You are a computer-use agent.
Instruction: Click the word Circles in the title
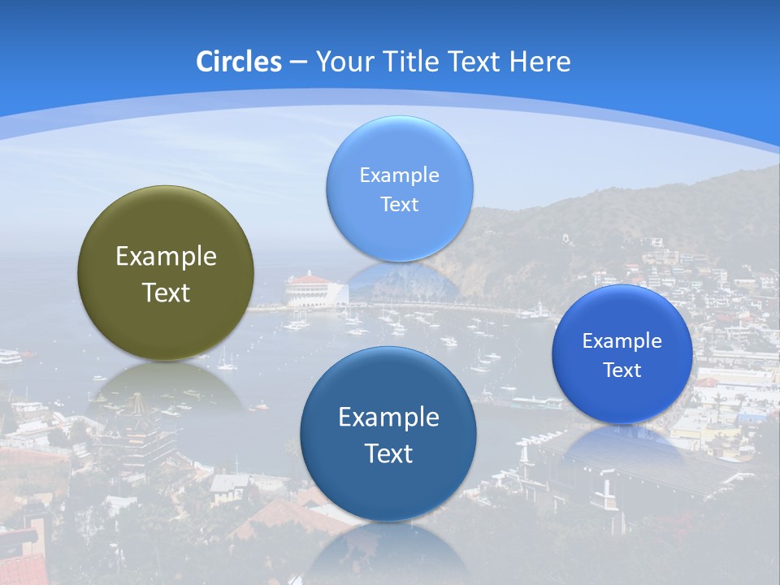(239, 62)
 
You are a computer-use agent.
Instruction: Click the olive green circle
(166, 273)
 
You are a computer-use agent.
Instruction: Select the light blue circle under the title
(399, 188)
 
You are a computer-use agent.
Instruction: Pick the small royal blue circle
(622, 354)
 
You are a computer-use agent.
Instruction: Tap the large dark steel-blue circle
(388, 434)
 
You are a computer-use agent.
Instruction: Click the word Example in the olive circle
(166, 256)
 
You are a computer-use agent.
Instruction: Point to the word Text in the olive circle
(166, 292)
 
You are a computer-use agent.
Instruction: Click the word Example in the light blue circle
(399, 175)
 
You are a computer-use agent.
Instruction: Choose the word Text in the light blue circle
(399, 204)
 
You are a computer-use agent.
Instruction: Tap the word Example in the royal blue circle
(622, 340)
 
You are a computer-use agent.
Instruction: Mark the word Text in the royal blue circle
(622, 370)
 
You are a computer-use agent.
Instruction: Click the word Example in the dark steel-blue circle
(388, 417)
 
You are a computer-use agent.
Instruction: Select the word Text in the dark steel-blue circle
(388, 453)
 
